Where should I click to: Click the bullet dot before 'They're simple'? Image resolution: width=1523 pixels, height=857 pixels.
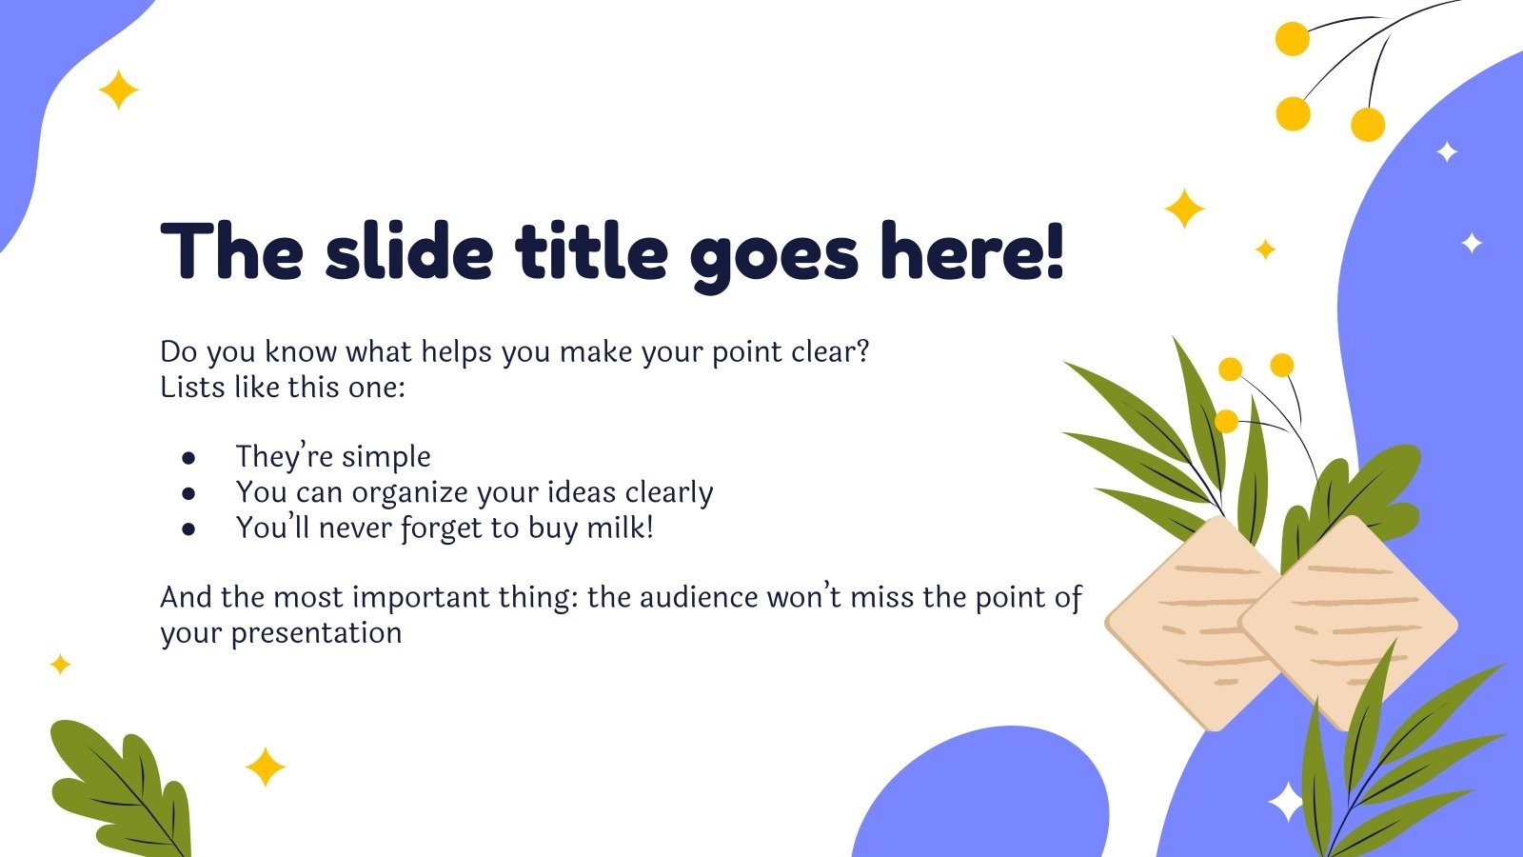point(188,458)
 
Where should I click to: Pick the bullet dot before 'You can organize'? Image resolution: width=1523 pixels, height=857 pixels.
point(188,493)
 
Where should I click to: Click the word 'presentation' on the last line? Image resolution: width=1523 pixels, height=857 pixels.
point(316,633)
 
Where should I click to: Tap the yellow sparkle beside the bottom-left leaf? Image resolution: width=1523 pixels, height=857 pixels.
point(265,767)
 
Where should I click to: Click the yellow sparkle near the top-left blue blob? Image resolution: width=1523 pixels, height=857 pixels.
point(119,90)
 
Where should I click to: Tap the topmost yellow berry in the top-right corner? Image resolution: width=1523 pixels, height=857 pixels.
point(1292,39)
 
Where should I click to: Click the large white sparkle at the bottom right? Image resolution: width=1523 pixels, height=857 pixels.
point(1286,802)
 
